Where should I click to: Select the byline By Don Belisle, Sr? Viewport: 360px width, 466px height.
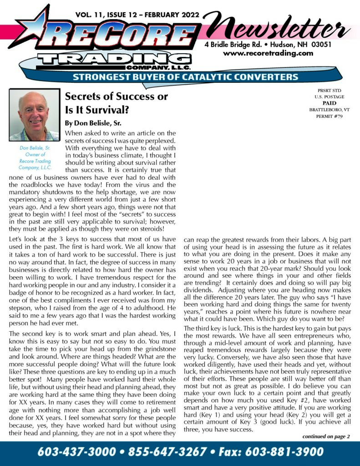[94, 122]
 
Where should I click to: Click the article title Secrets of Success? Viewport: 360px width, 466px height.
[117, 96]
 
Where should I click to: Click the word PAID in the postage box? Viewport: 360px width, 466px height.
[325, 103]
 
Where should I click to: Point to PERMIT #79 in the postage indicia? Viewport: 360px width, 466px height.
[325, 116]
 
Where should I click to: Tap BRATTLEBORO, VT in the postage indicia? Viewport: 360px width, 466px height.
[325, 110]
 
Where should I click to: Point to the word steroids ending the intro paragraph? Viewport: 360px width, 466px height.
[150, 228]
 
